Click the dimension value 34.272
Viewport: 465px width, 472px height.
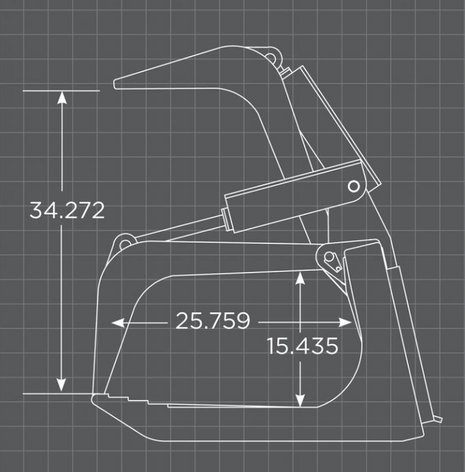[x=67, y=210]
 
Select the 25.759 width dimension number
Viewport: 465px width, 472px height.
[x=212, y=321]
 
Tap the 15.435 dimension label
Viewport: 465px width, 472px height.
[x=302, y=346]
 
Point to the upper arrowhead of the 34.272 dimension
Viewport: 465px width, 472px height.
[x=62, y=97]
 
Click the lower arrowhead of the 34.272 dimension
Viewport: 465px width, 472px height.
[x=62, y=386]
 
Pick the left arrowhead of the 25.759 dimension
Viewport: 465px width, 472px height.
[x=117, y=322]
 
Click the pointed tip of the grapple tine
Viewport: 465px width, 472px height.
[x=117, y=84]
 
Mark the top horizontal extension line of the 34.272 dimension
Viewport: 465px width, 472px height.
[x=61, y=90]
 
